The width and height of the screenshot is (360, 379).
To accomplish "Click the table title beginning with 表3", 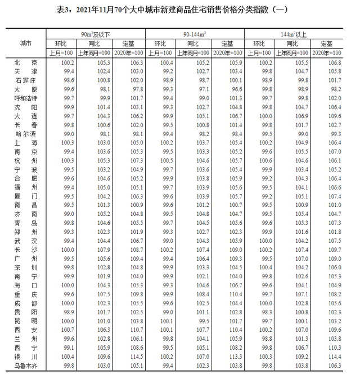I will click(180, 9).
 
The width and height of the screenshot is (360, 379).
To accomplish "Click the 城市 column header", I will click(26, 43).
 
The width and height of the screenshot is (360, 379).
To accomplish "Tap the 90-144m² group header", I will click(194, 34).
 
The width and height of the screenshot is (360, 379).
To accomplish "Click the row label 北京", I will click(26, 62).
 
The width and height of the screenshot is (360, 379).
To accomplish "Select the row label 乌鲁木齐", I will click(26, 366).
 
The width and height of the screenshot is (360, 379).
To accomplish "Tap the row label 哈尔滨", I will click(26, 134).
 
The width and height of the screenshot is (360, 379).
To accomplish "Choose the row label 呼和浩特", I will click(26, 98).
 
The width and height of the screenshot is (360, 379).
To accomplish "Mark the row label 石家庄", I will click(26, 80).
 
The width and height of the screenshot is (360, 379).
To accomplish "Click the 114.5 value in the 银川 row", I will click(129, 357).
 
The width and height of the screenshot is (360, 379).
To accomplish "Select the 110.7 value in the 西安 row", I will click(129, 330).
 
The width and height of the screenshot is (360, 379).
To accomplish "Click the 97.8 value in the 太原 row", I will click(129, 89).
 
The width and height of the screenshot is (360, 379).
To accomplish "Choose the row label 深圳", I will click(26, 267).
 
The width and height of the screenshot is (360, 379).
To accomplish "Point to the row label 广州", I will click(26, 258).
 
